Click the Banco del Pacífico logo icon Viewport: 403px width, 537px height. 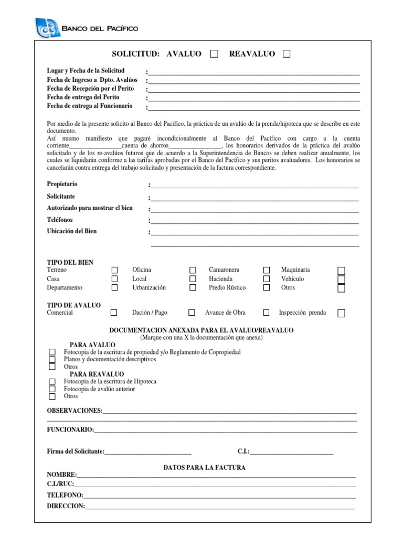tap(48, 28)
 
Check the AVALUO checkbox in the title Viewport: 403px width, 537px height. tap(214, 53)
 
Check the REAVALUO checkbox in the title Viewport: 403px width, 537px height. tap(286, 53)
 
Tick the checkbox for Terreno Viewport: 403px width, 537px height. tap(114, 270)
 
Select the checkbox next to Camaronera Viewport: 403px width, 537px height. tap(267, 270)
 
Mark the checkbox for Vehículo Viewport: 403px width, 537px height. tap(341, 279)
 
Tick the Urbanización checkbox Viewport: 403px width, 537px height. tap(193, 287)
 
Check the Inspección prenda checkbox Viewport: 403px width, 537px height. tap(341, 313)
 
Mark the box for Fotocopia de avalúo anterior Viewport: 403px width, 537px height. tap(52, 389)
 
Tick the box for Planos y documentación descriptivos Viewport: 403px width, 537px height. tap(52, 360)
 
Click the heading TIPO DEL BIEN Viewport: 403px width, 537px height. tap(70, 262)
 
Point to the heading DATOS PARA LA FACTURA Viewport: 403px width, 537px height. tap(204, 467)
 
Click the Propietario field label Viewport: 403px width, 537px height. tap(65, 185)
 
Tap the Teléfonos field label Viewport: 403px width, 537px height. tap(60, 219)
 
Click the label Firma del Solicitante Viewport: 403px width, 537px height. tap(76, 451)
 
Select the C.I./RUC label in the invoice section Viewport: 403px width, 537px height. tap(60, 484)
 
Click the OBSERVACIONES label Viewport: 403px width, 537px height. tap(75, 410)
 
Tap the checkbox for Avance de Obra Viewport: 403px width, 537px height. tap(267, 313)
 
